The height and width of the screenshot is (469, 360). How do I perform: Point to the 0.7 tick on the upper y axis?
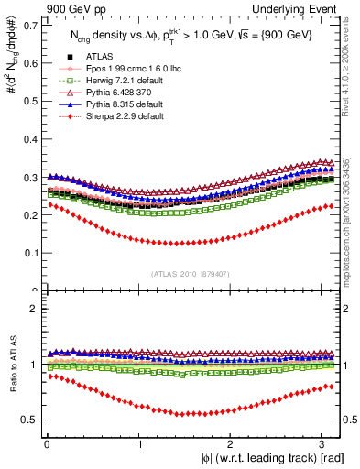(41, 25)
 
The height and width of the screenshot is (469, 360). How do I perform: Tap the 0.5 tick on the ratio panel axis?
(41, 420)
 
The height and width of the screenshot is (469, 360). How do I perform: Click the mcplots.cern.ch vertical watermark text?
(351, 220)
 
